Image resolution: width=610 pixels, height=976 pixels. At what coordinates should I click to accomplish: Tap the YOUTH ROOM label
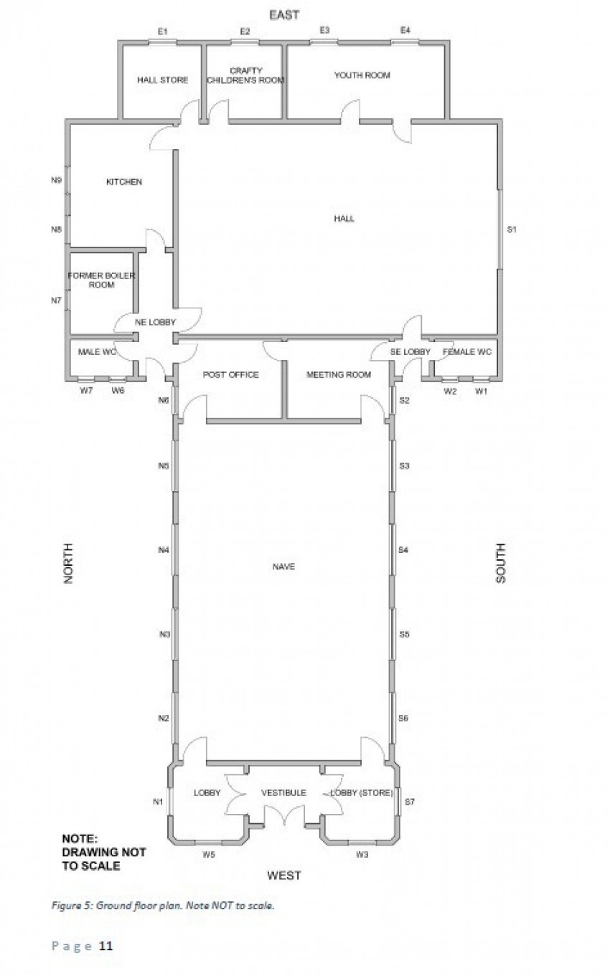362,75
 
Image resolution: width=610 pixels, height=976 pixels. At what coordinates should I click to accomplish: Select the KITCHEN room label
124,182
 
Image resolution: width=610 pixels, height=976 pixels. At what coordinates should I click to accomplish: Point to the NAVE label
283,567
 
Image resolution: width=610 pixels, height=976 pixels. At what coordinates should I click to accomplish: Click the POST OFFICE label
230,374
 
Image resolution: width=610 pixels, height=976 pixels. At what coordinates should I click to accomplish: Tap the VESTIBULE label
283,792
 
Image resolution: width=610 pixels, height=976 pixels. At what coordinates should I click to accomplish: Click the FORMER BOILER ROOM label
102,280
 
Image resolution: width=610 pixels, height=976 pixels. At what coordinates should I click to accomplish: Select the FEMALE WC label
466,352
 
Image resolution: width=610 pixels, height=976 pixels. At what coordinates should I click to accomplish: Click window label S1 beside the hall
512,229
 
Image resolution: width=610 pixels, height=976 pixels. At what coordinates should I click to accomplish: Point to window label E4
405,30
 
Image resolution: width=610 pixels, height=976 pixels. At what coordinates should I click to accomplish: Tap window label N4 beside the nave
164,550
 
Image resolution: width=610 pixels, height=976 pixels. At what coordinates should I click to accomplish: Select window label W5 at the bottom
209,854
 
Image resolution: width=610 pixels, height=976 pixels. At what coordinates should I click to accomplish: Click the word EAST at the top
283,14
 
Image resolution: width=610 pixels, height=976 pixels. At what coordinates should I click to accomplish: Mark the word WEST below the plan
283,875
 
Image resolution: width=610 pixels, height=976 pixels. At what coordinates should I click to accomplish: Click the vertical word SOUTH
500,563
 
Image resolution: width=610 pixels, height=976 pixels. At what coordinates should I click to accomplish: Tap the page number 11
105,947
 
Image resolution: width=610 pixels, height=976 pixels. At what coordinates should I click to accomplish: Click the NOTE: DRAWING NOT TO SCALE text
103,851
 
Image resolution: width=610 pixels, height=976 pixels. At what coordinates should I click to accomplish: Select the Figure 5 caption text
162,906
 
